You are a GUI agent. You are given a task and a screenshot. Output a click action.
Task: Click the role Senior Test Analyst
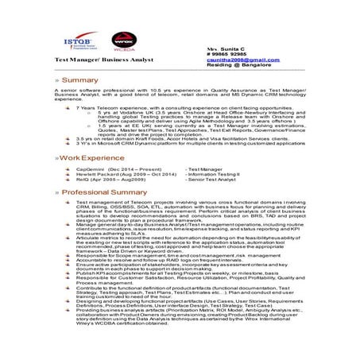click(x=211, y=180)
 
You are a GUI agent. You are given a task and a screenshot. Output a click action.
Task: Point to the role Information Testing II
click(x=214, y=175)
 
